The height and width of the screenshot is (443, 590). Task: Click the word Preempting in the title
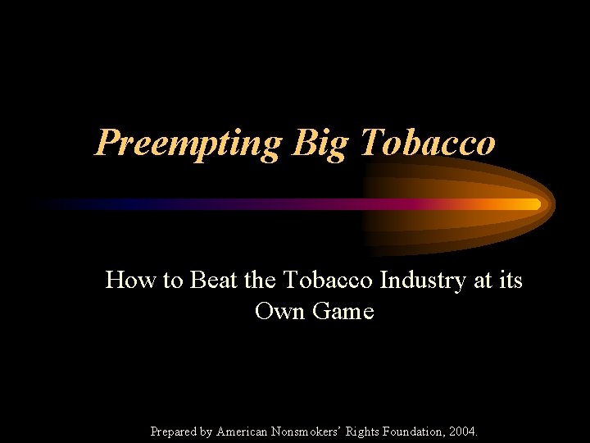coord(188,143)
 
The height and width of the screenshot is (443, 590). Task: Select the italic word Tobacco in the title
coord(428,143)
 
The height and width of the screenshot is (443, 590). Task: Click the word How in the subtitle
coord(132,281)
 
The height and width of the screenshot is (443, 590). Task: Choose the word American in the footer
coord(243,432)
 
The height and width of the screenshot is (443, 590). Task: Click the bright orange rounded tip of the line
coord(535,203)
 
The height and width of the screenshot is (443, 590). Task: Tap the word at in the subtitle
coord(483,281)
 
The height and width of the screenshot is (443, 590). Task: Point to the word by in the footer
coord(206,432)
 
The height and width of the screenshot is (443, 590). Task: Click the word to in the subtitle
coord(172,281)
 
